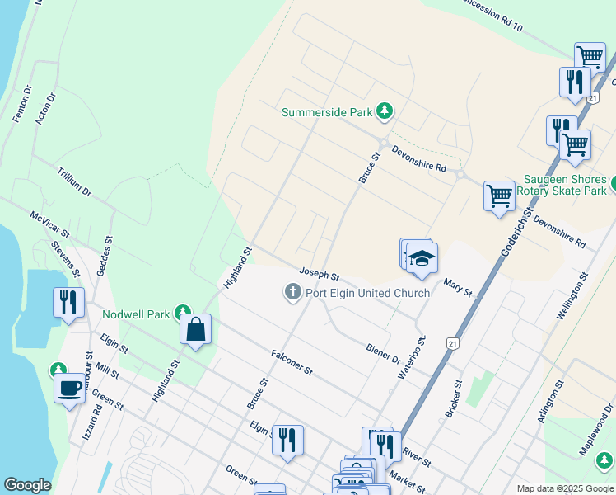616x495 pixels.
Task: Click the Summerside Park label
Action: click(327, 112)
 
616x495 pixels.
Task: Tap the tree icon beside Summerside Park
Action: click(384, 111)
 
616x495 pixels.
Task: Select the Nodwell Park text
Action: click(135, 314)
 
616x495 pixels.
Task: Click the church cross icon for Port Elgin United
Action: click(292, 292)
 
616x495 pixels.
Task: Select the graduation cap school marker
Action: click(422, 258)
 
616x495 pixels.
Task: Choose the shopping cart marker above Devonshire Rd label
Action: click(499, 196)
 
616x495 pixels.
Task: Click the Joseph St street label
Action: click(320, 273)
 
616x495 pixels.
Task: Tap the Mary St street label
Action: click(458, 287)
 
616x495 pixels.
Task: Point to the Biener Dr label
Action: click(384, 354)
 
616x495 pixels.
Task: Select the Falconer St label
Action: click(292, 362)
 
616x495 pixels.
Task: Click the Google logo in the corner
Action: click(27, 485)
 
